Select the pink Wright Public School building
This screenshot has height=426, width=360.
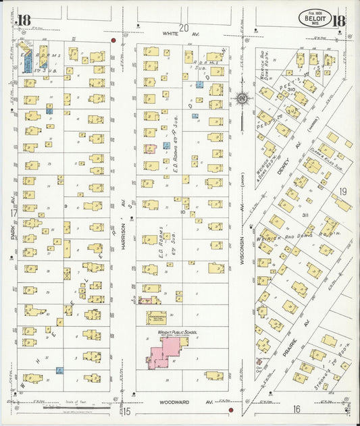point(164,352)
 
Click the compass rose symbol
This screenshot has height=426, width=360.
point(242,99)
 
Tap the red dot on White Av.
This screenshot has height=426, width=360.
point(113,41)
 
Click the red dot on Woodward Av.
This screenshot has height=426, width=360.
point(231,409)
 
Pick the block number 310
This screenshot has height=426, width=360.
point(292,89)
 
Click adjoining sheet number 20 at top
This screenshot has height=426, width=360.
point(183,20)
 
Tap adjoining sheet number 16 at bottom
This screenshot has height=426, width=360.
point(296,409)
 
